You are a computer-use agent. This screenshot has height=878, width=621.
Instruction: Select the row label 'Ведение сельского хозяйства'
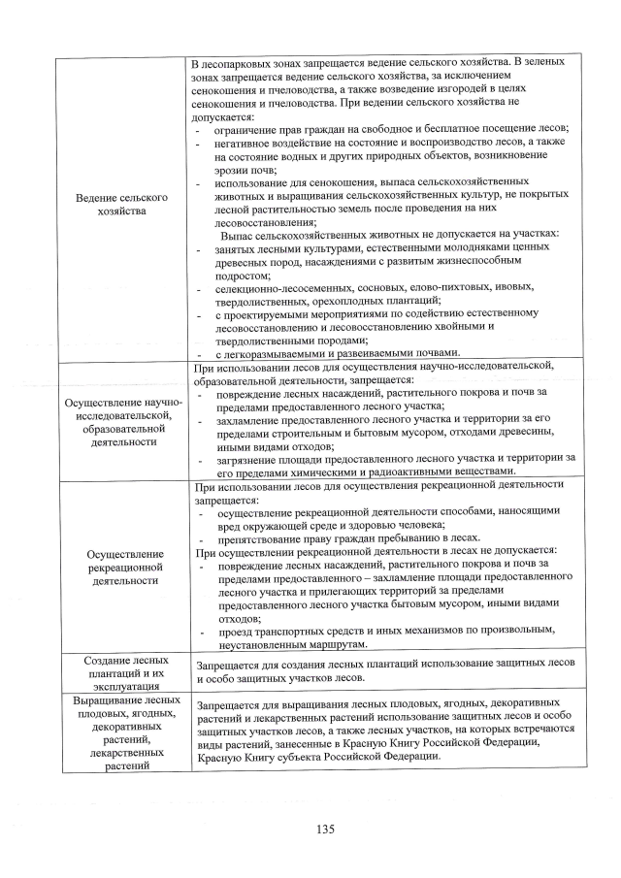point(121,204)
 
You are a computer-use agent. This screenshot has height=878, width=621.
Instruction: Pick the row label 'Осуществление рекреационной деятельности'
point(121,565)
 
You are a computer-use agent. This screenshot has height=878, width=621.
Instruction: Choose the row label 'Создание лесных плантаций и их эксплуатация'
point(121,670)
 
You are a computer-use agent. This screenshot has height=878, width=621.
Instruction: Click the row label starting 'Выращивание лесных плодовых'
point(121,732)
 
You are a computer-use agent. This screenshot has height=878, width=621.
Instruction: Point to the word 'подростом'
point(243,275)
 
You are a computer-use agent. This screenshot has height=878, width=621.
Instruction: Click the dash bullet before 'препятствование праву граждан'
point(201,537)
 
